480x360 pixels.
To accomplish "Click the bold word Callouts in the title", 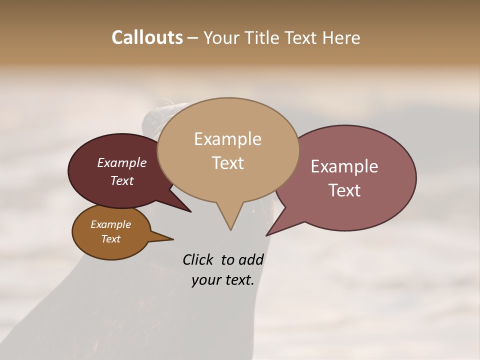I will coord(147,37).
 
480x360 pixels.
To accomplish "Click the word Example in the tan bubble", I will coord(227,139).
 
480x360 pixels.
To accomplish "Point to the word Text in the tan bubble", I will coord(227,162).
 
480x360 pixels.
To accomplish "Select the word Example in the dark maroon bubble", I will coord(121,162).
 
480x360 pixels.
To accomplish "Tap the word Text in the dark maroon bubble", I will coord(121,180).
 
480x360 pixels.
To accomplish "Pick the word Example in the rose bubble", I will coord(344,166).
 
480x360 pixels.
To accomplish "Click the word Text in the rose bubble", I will coord(344,190).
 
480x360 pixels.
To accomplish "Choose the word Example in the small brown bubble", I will coord(110,224).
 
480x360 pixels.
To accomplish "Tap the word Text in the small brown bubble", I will coord(110,239).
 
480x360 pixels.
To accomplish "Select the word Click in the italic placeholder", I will coord(198,259).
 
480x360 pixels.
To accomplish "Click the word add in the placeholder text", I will coord(251,259).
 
